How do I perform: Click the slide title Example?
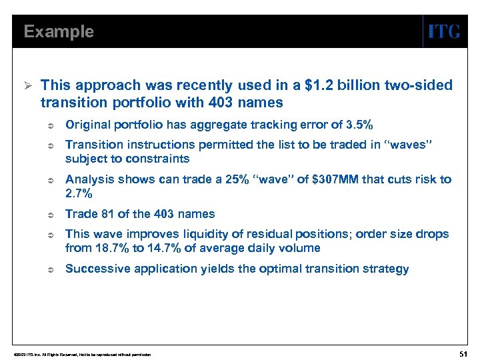pos(59,32)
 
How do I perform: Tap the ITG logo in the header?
pos(443,32)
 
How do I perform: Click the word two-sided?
pos(419,85)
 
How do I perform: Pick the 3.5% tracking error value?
pos(359,125)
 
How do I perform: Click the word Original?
pos(86,125)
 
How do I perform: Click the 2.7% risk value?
pos(79,193)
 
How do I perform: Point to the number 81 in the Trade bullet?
pos(104,214)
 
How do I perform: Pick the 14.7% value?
pos(151,248)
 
